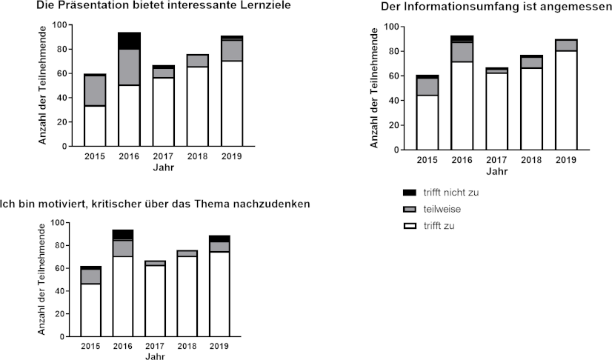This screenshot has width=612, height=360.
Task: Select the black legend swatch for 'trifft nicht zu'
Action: point(407,193)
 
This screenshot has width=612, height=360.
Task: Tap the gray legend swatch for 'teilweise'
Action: point(407,209)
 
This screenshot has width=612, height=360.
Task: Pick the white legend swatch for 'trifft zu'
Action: point(407,225)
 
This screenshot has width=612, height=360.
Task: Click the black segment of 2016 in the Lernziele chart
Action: point(129,41)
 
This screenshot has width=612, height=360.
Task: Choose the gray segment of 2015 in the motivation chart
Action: point(91,276)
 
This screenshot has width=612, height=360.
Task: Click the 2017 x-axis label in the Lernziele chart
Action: point(163,157)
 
